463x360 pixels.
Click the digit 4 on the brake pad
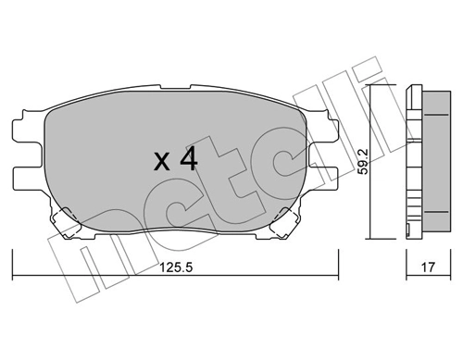click(187, 160)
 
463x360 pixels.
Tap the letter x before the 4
click(161, 163)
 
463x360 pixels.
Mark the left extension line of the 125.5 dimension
click(13, 264)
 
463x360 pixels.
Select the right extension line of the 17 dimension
click(450, 264)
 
